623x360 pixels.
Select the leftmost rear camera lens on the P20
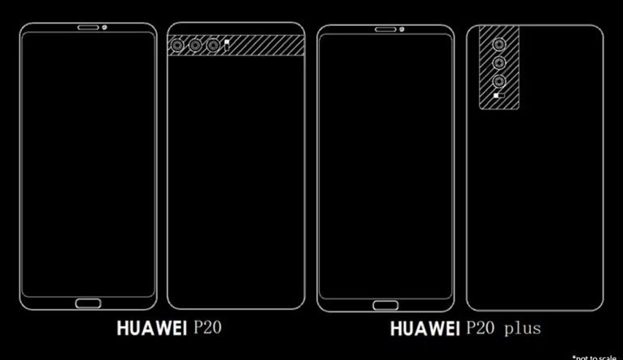pos(176,46)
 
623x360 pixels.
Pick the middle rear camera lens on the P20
pos(194,46)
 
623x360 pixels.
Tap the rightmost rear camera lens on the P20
pos(212,46)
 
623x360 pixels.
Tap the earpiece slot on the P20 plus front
pos(386,32)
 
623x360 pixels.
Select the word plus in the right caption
pos(522,329)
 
